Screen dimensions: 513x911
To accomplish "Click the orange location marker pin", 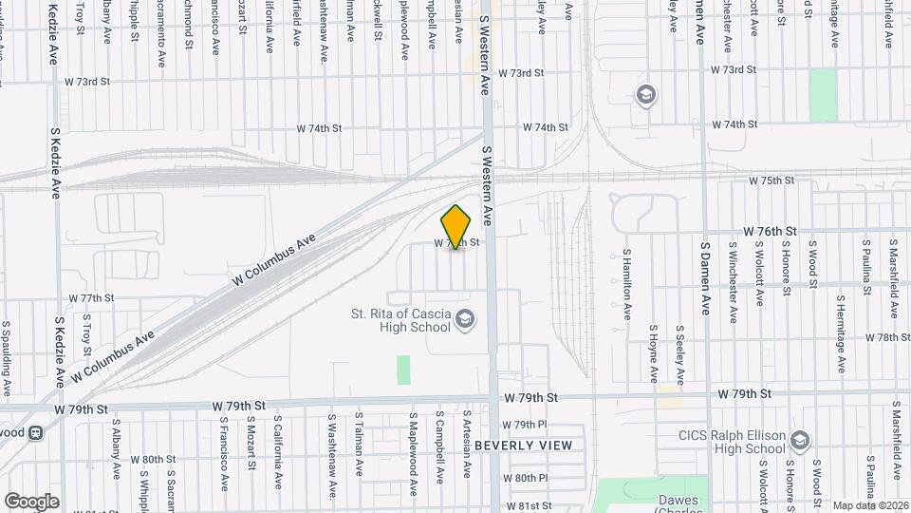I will point(456,227).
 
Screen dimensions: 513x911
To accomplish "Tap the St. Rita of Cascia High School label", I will point(400,320).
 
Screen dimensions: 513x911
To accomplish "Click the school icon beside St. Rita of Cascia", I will point(464,319).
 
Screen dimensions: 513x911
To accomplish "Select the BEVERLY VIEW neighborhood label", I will point(524,446).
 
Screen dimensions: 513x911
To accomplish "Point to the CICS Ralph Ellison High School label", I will point(736,443).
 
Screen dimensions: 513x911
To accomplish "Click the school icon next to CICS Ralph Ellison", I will point(800,440).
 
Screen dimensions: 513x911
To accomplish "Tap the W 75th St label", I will point(770,180).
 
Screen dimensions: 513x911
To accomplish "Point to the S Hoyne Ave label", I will point(654,353).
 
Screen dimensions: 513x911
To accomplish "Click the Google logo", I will point(31,501).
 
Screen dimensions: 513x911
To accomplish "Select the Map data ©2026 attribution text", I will point(869,505).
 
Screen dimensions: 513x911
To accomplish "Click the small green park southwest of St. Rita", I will point(403,370).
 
